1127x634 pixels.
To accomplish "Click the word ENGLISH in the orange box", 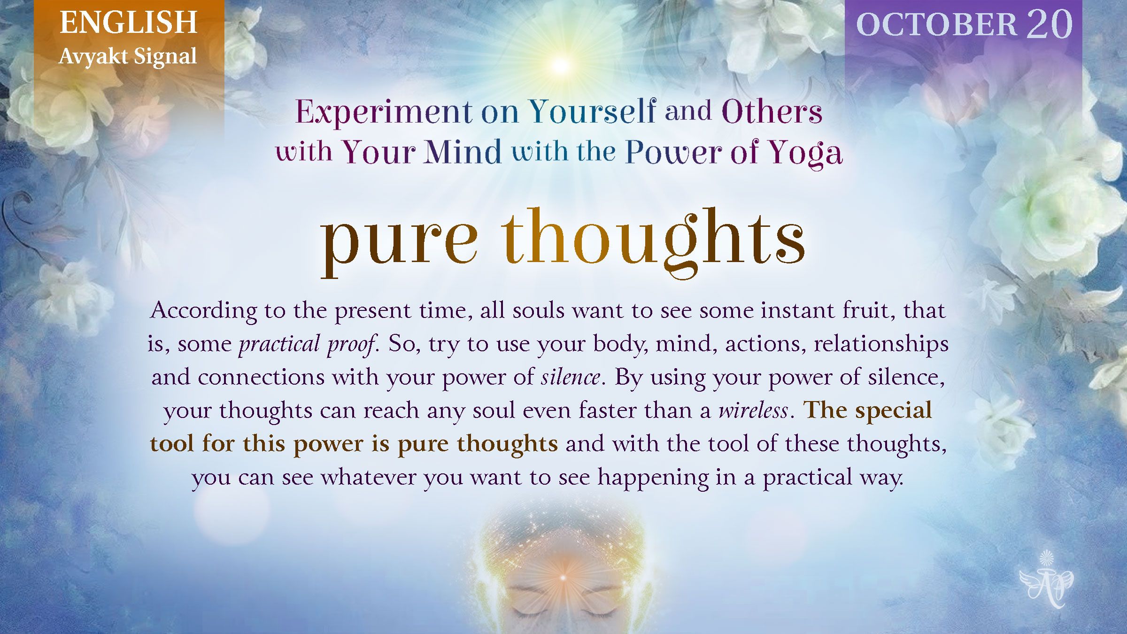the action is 128,23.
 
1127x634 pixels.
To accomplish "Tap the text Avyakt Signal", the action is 128,57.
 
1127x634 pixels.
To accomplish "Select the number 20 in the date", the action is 1049,24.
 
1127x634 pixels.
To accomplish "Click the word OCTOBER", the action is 937,24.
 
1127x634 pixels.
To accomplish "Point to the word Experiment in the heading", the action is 384,112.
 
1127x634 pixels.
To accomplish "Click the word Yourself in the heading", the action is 593,111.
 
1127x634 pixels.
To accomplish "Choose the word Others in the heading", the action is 772,111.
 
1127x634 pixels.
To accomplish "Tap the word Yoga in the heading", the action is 805,153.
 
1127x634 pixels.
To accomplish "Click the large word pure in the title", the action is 399,242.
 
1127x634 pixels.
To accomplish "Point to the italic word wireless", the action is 753,410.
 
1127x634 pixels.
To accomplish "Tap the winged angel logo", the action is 1046,580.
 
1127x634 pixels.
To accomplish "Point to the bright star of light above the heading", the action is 560,65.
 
